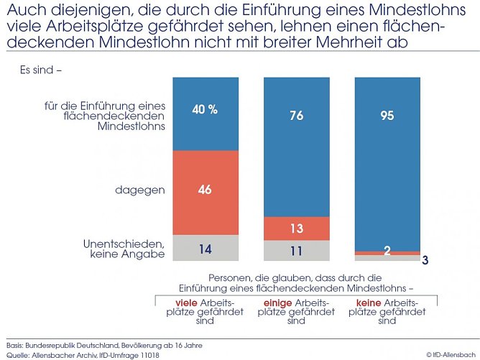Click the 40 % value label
[x=204, y=110]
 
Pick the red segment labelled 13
[x=296, y=229]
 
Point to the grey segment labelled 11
[x=296, y=251]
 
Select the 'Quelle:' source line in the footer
[x=83, y=354]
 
